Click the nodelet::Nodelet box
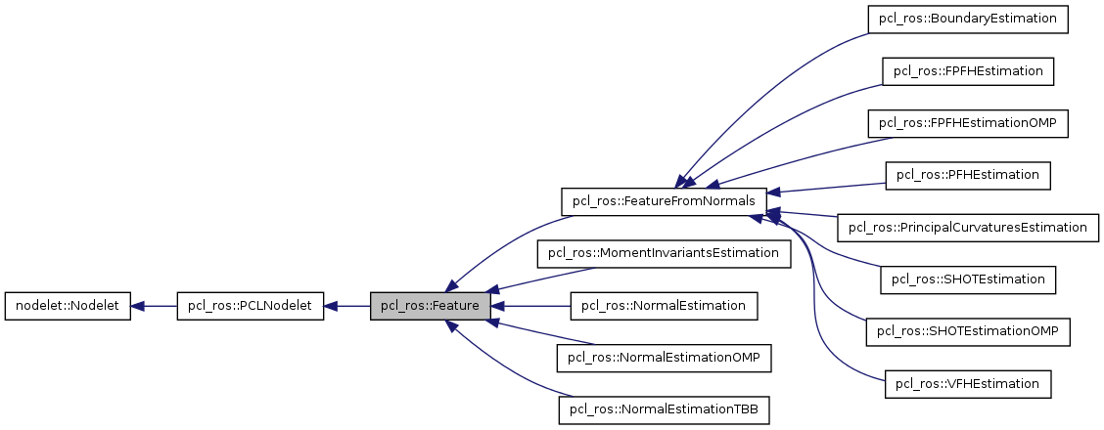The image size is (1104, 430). tap(68, 306)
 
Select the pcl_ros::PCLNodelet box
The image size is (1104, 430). tap(250, 306)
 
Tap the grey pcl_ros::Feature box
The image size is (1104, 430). tap(430, 306)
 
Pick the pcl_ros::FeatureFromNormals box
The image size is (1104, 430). tap(663, 201)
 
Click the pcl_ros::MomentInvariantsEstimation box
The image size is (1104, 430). tap(664, 253)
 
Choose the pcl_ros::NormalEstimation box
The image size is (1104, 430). tap(664, 306)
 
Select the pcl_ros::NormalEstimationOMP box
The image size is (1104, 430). tap(664, 358)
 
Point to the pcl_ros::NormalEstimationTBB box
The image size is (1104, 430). tap(664, 409)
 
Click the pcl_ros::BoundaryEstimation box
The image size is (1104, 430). tap(967, 20)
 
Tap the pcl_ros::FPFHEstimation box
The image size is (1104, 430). tap(967, 71)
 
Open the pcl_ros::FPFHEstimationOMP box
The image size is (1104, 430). tap(967, 123)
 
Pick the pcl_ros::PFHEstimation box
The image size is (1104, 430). tap(967, 175)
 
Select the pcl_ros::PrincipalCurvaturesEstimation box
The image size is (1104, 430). tap(967, 228)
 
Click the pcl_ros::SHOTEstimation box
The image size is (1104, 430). tap(967, 279)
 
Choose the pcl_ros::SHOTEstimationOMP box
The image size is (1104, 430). tap(967, 331)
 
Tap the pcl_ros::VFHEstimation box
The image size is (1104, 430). tap(967, 383)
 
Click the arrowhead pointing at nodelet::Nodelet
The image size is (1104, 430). tap(139, 306)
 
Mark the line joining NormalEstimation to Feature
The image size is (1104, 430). tap(533, 306)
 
